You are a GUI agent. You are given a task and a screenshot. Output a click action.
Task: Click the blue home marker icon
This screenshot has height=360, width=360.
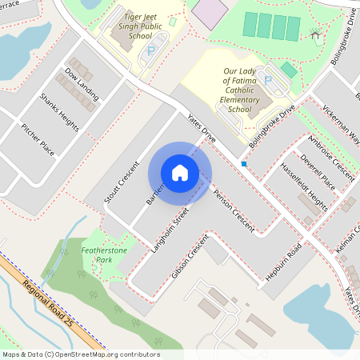pyautogui.click(x=180, y=173)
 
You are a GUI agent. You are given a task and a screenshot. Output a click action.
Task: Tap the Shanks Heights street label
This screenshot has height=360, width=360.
pyautogui.click(x=58, y=111)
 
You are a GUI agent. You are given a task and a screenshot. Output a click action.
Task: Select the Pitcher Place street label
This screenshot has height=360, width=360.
pyautogui.click(x=38, y=138)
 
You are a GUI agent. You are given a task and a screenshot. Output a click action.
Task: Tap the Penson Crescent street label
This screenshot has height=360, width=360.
pyautogui.click(x=234, y=212)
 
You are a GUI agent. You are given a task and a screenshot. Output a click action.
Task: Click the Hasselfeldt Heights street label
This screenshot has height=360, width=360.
pyautogui.click(x=304, y=186)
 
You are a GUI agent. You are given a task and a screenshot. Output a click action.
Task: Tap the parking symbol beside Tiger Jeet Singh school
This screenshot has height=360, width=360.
pyautogui.click(x=150, y=50)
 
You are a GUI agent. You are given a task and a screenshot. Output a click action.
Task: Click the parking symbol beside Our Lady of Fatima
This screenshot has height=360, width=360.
pyautogui.click(x=269, y=81)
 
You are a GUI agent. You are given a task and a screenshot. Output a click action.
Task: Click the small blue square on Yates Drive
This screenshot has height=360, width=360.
pyautogui.click(x=243, y=164)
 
